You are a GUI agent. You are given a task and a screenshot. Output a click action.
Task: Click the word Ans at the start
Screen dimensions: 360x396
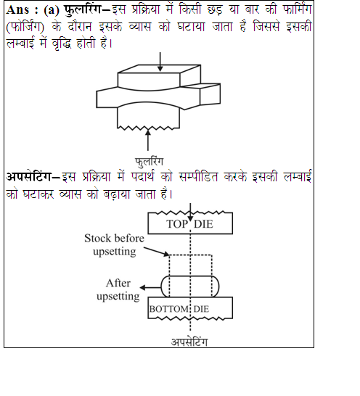click(x=17, y=10)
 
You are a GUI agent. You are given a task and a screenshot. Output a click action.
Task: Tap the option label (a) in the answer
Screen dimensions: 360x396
click(x=52, y=11)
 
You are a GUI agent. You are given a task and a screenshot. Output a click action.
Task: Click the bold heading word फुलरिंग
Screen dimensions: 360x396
click(x=83, y=9)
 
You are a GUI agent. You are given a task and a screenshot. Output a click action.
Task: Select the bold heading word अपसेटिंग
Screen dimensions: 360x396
click(x=28, y=176)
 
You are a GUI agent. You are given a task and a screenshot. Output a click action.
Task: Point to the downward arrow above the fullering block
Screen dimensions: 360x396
click(x=160, y=62)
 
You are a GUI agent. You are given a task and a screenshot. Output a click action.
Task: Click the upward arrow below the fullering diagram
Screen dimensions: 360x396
click(x=148, y=140)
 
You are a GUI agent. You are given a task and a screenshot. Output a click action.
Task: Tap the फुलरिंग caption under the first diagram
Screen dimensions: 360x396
click(x=150, y=162)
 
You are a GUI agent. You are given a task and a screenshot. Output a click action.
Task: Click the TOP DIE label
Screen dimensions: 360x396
click(x=189, y=224)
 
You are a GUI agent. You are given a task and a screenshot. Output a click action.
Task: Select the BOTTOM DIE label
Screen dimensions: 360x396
click(x=179, y=309)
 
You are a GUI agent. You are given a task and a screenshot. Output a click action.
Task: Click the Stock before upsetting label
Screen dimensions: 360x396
click(x=114, y=244)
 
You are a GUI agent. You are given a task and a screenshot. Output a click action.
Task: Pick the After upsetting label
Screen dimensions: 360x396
click(x=118, y=289)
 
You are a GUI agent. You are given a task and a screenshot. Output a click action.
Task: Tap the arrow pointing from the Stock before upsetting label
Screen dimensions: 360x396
click(x=157, y=252)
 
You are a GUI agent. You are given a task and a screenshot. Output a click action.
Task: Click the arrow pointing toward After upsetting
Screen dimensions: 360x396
click(x=151, y=287)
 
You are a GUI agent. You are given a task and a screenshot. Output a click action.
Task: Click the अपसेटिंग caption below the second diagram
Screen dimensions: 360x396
click(x=189, y=342)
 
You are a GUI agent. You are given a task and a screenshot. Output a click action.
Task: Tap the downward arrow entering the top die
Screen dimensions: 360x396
click(x=190, y=212)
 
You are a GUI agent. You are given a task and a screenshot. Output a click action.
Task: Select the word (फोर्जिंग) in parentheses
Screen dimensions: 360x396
click(x=25, y=26)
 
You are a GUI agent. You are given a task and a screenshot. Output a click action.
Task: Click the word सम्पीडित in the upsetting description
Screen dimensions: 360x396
click(x=198, y=176)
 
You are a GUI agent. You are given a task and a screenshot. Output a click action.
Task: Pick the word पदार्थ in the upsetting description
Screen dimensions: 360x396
click(x=142, y=176)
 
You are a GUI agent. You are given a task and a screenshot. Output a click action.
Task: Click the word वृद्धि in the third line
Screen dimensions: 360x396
click(x=62, y=44)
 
